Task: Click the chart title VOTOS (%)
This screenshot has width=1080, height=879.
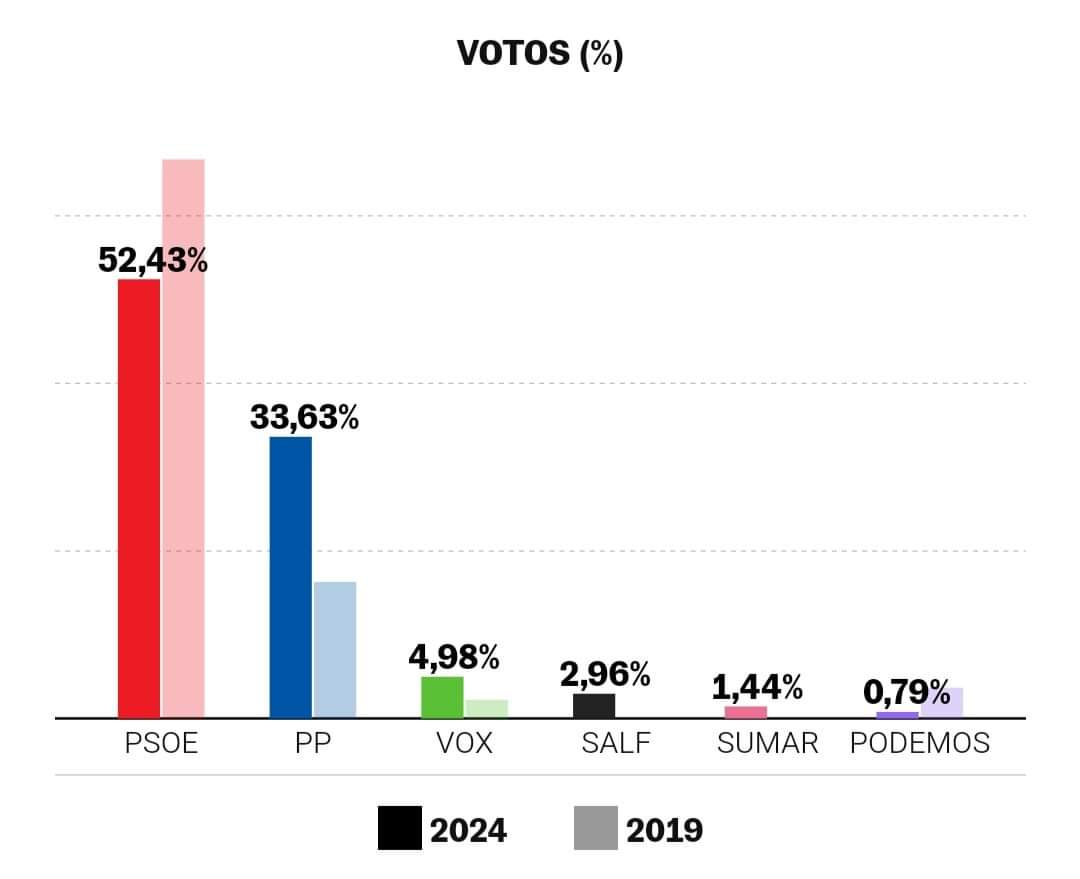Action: (540, 53)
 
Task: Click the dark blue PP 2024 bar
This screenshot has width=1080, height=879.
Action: (291, 577)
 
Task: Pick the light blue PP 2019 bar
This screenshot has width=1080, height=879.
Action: (335, 649)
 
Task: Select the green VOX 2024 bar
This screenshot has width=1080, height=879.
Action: (442, 697)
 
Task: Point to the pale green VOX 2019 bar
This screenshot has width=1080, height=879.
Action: (487, 708)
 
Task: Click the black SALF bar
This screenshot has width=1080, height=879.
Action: (594, 705)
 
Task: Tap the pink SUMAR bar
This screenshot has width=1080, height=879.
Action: (746, 712)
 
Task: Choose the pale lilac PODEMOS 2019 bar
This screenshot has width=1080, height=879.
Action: (942, 702)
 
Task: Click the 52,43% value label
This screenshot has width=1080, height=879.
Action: (153, 261)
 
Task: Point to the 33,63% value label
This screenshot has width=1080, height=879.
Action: (304, 417)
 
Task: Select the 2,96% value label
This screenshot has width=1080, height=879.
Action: (604, 674)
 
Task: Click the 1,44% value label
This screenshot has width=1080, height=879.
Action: (757, 687)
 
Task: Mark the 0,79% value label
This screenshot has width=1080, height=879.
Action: (907, 691)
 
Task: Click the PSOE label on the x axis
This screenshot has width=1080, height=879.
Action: (161, 744)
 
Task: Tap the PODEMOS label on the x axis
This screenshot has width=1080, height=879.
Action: (919, 744)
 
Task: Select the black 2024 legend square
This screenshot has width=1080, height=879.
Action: (399, 829)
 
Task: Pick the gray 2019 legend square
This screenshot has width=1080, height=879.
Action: (595, 829)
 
